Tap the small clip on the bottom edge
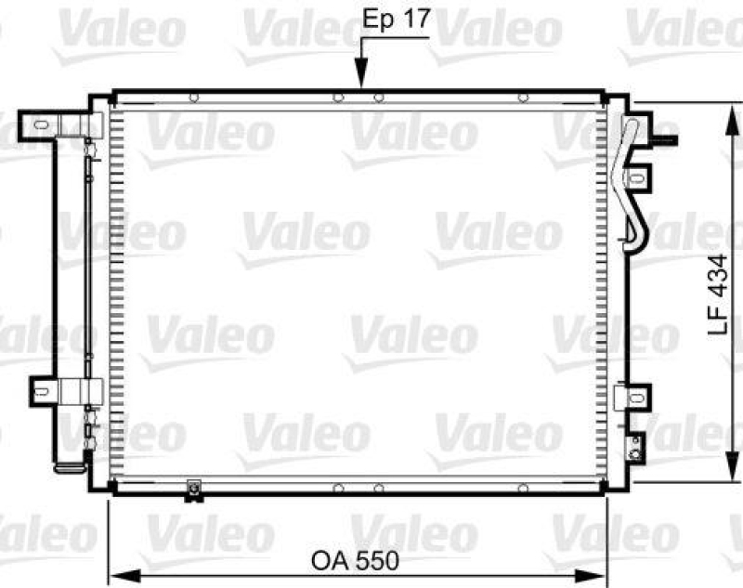[x=193, y=486]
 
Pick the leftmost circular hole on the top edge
[x=193, y=97]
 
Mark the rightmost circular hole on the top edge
[x=523, y=97]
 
